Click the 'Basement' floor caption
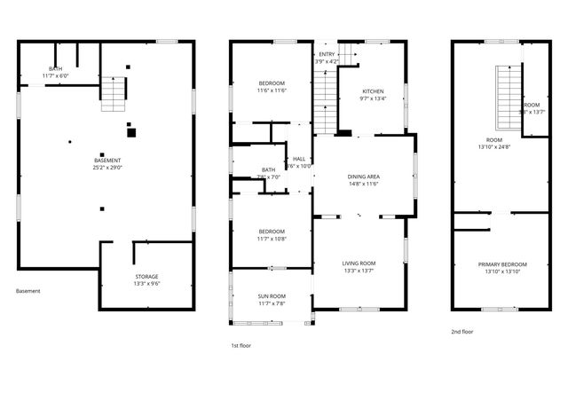28,290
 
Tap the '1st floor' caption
241,345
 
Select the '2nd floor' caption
461,331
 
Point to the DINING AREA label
363,177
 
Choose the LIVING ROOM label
359,263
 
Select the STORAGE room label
146,277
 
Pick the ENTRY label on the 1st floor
327,54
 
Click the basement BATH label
55,69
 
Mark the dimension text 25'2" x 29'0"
107,167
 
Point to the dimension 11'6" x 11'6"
272,90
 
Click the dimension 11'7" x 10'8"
272,238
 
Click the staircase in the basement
113,93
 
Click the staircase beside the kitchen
326,98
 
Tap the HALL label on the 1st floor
299,159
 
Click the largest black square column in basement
131,133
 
